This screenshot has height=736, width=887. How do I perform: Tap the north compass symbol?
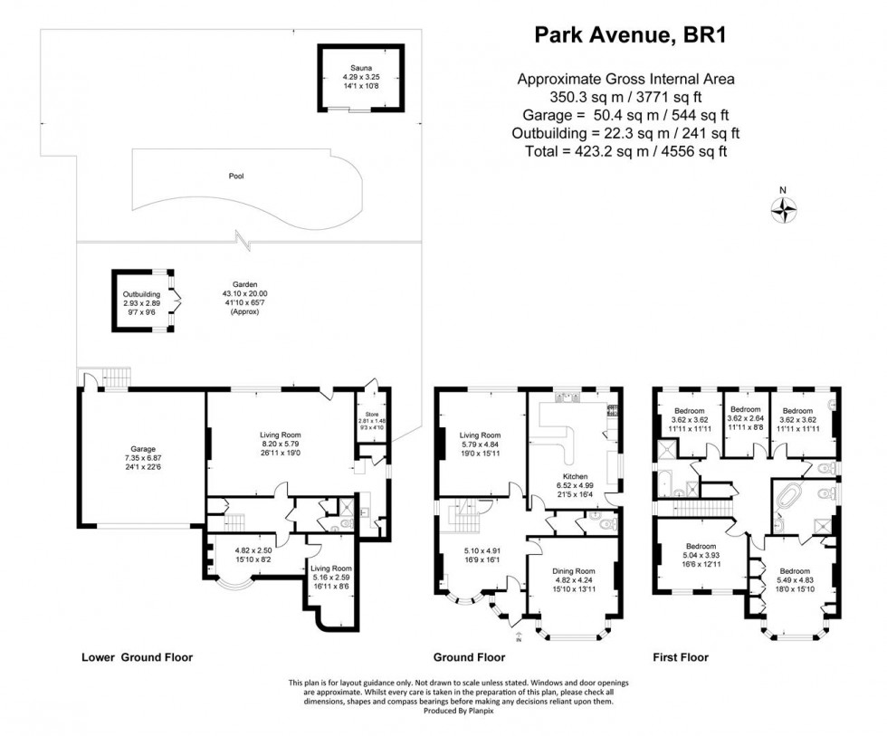coord(782,210)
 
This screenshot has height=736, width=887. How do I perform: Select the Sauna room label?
coord(360,68)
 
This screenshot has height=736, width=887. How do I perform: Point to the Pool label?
coord(237,176)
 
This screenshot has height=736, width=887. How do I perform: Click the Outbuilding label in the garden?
coord(141,294)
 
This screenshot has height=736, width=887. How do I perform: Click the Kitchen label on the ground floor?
coord(575,476)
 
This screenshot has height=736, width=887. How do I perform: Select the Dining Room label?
coord(575,571)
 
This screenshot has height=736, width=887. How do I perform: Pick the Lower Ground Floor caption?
coord(137,658)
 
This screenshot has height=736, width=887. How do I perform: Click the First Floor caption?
coord(681,658)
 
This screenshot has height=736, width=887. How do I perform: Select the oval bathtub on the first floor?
coord(792,500)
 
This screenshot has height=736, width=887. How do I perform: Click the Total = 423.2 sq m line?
coord(625,151)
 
